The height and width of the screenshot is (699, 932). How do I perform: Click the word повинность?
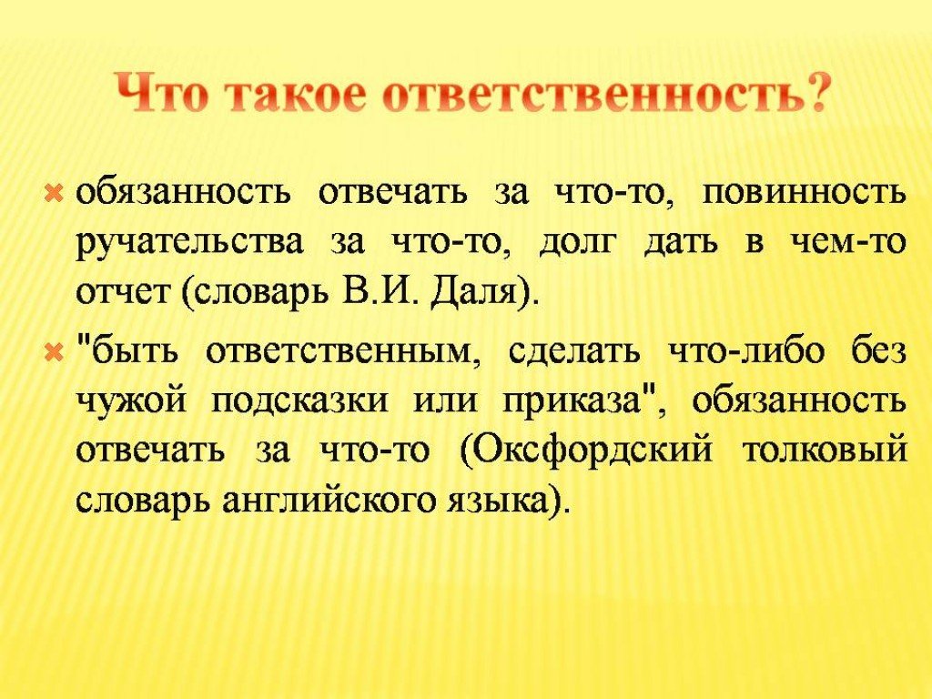coord(805,194)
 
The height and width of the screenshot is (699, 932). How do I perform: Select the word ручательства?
coord(190,245)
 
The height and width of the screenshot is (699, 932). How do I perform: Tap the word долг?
coord(575,245)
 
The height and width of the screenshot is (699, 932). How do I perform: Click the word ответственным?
coord(342,353)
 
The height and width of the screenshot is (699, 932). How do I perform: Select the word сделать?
coord(575,353)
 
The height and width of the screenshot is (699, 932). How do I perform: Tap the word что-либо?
coord(747,352)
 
